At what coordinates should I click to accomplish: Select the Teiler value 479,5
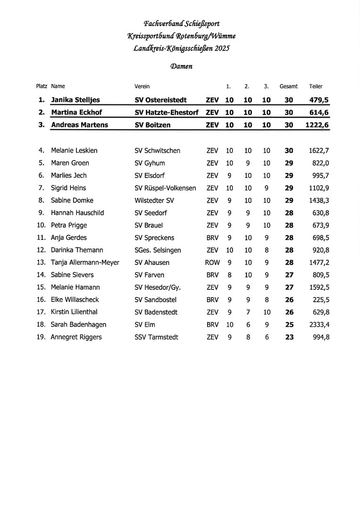click(x=319, y=100)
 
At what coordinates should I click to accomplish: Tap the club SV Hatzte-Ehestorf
click(x=167, y=112)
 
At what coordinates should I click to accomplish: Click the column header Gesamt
click(x=288, y=86)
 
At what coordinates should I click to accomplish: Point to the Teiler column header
click(x=316, y=86)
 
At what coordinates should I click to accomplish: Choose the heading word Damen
click(x=181, y=67)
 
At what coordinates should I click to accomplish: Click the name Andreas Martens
click(x=79, y=125)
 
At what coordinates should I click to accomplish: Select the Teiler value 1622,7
click(x=319, y=151)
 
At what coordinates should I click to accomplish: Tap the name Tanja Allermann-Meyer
click(x=85, y=263)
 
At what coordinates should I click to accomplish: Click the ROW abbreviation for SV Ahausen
click(x=212, y=263)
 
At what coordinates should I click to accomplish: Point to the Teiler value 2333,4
click(x=319, y=325)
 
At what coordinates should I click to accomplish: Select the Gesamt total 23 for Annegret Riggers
click(x=289, y=337)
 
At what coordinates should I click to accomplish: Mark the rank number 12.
click(x=41, y=250)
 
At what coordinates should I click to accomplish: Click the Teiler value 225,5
click(x=321, y=300)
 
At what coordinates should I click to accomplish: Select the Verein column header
click(x=142, y=86)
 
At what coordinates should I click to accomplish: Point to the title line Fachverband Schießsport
click(x=182, y=24)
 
